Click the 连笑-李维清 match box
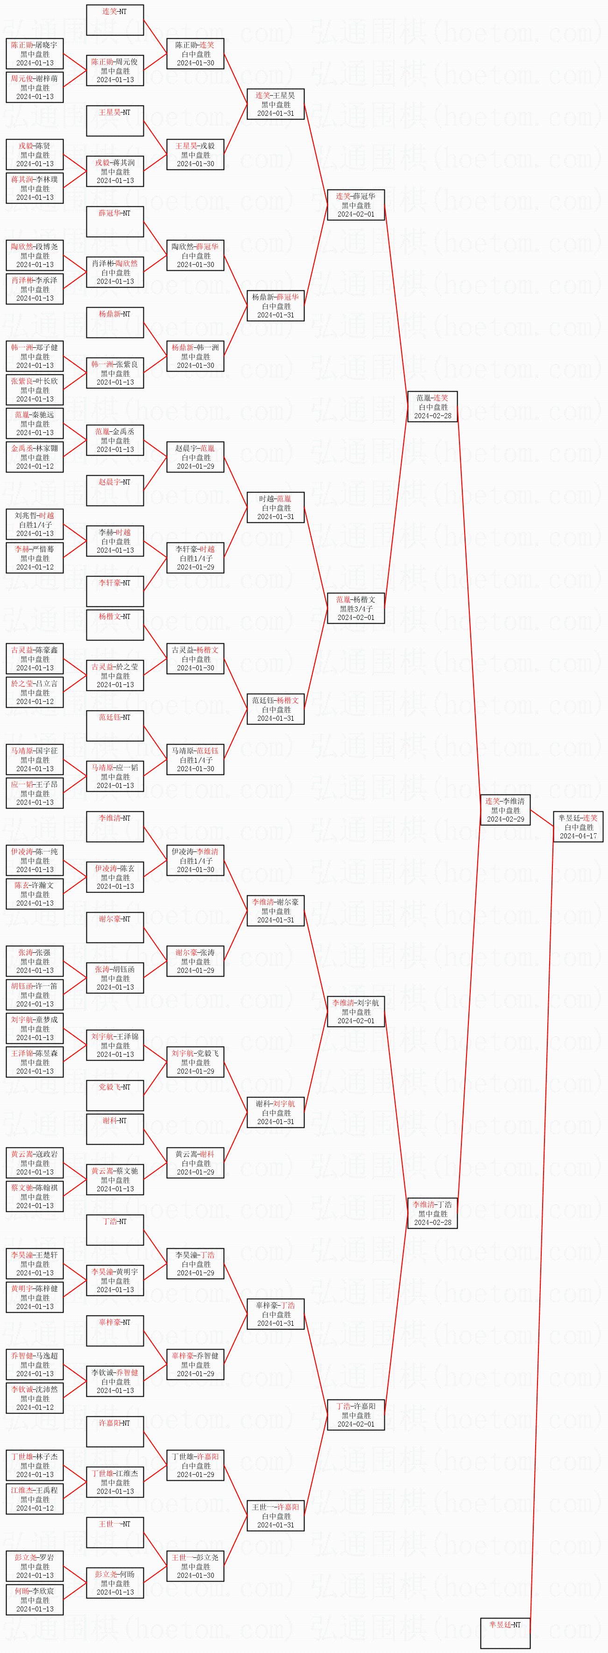click(x=505, y=810)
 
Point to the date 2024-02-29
click(x=505, y=819)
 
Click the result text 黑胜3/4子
click(x=356, y=608)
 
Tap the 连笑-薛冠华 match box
click(x=356, y=205)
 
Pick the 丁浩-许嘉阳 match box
click(x=356, y=1415)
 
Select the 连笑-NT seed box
click(x=115, y=20)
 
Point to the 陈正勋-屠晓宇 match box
click(x=35, y=54)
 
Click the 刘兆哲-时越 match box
click(x=35, y=524)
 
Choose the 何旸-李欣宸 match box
click(x=35, y=1600)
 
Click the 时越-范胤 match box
click(x=276, y=507)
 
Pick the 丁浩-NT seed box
click(x=115, y=1230)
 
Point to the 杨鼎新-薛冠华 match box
click(x=276, y=306)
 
